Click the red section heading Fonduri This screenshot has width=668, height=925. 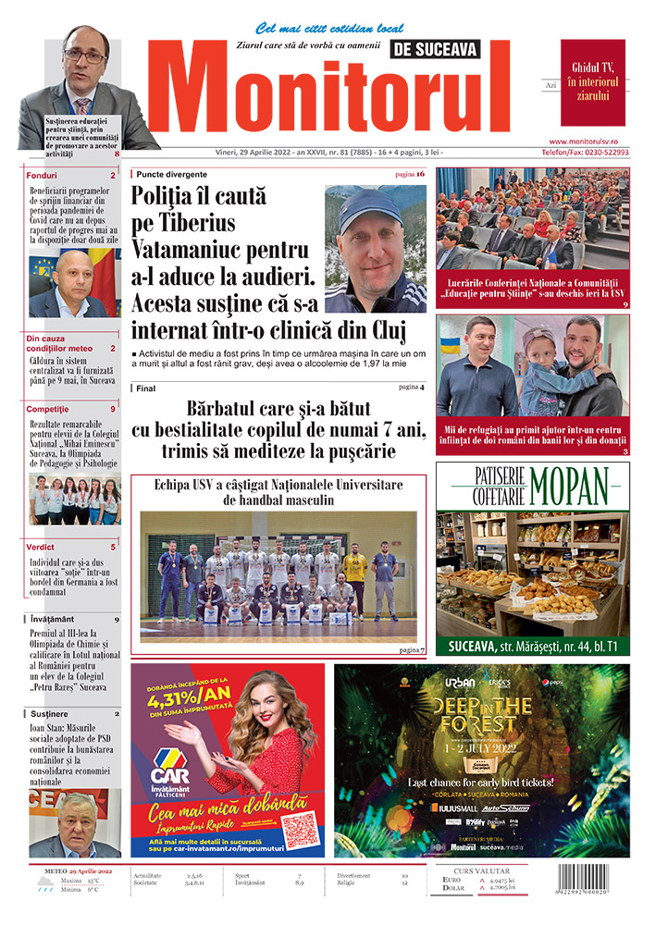(43, 175)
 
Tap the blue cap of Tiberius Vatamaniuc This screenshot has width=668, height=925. (369, 207)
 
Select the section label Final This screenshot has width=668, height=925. (146, 388)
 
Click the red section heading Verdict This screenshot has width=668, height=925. (43, 547)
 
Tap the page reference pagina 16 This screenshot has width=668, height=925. (409, 174)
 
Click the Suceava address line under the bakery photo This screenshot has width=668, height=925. (533, 646)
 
